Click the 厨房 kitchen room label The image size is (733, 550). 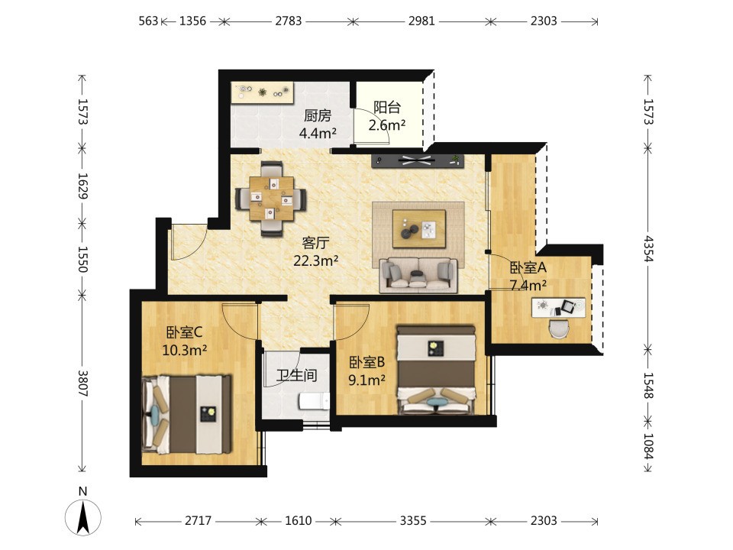[x=318, y=115]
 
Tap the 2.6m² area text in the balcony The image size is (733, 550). [x=386, y=125]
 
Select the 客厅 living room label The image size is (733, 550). [x=315, y=243]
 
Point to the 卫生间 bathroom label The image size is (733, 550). [x=296, y=375]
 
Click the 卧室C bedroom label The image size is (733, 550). [x=184, y=332]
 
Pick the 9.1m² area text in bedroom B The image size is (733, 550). [x=367, y=380]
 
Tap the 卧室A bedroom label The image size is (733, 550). [x=528, y=268]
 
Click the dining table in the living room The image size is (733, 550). [x=272, y=199]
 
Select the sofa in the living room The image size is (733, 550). [x=418, y=275]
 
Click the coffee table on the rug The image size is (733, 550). [x=419, y=228]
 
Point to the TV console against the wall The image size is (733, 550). [x=418, y=160]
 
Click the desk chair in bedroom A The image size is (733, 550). [x=559, y=328]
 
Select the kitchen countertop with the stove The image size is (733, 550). [x=262, y=92]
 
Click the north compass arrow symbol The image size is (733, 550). [x=83, y=518]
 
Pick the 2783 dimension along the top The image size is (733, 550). [x=288, y=21]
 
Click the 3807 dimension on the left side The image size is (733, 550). [x=82, y=383]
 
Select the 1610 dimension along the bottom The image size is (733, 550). [x=299, y=520]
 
